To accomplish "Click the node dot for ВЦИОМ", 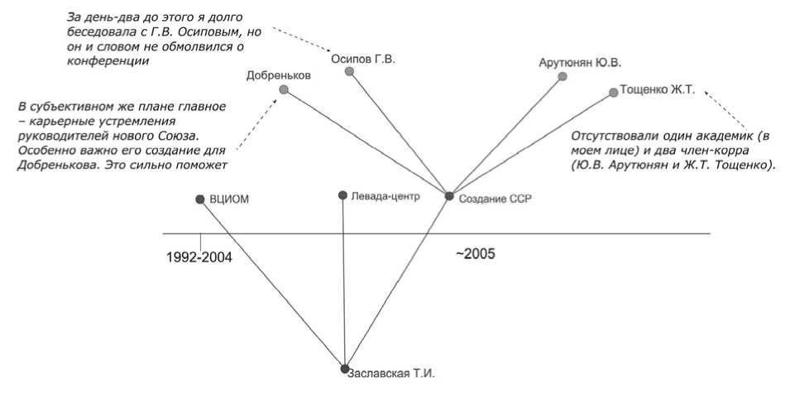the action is [x=199, y=199].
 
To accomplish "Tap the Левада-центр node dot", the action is [x=342, y=196].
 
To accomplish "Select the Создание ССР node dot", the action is [x=449, y=196].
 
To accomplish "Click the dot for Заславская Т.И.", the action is [x=345, y=368].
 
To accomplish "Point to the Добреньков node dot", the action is [x=284, y=89].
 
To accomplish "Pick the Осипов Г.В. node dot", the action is [x=350, y=72].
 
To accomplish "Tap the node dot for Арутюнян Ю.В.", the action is [x=563, y=77].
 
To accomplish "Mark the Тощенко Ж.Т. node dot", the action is [x=613, y=93].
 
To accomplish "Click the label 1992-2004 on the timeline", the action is [x=199, y=257].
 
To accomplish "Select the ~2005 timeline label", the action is [x=475, y=254].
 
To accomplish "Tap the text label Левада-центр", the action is [x=386, y=196].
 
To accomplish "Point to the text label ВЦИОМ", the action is [x=229, y=199].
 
